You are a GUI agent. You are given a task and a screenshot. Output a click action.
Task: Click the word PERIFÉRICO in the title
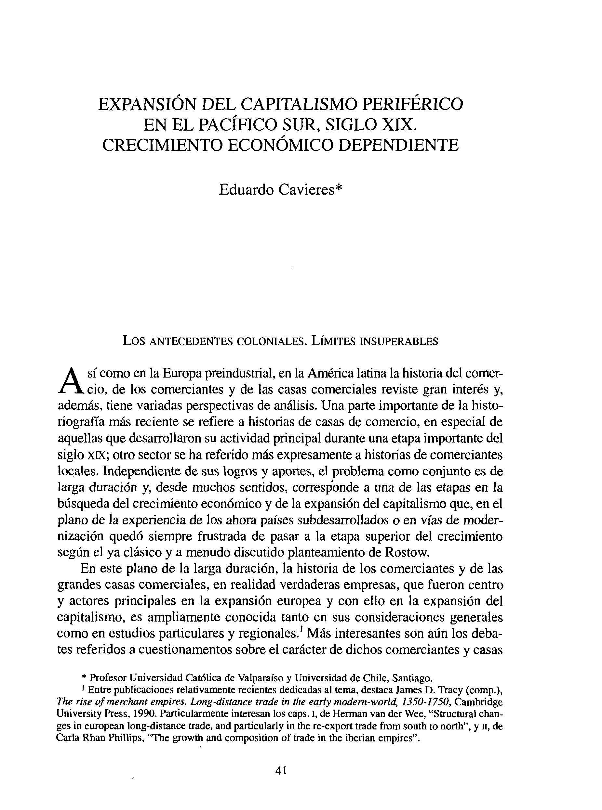pos(412,104)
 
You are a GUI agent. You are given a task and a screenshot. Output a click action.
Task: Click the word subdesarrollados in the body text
pos(346,520)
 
